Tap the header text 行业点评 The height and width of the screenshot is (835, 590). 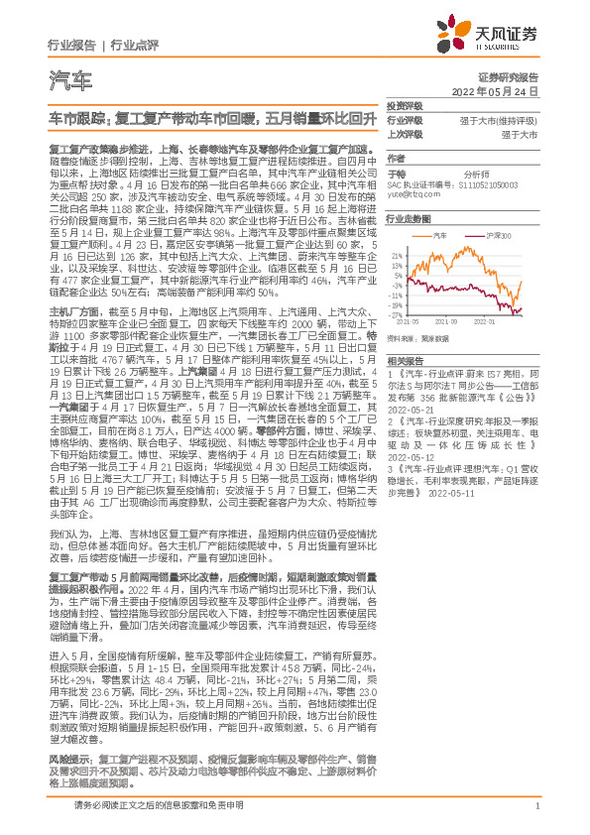(134, 45)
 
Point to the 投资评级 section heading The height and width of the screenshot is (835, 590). (404, 105)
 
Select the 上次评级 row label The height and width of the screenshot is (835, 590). (404, 133)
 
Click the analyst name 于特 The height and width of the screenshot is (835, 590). (396, 171)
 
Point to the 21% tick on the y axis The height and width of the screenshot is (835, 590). (397, 255)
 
